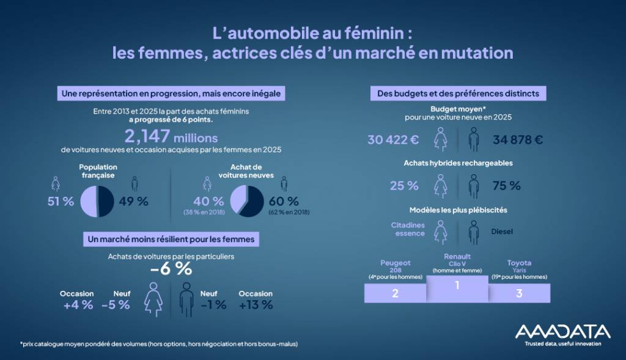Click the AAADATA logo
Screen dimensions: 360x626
[x=562, y=332]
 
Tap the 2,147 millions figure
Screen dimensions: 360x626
[x=171, y=136]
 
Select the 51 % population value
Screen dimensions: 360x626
[x=61, y=201]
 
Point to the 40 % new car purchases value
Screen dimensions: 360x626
[x=209, y=201]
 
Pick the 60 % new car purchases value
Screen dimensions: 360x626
[x=284, y=201]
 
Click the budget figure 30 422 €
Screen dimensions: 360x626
[x=393, y=139]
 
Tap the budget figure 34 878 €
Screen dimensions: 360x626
[x=518, y=139]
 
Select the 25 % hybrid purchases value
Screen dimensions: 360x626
[x=404, y=185]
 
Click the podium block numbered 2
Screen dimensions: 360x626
[x=396, y=293]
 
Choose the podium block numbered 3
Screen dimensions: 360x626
[x=518, y=293]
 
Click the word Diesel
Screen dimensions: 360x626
[x=503, y=232]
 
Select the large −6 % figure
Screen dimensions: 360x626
[x=171, y=269]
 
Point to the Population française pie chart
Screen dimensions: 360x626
[x=97, y=201]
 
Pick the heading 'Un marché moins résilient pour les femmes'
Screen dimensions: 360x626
[x=171, y=238]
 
